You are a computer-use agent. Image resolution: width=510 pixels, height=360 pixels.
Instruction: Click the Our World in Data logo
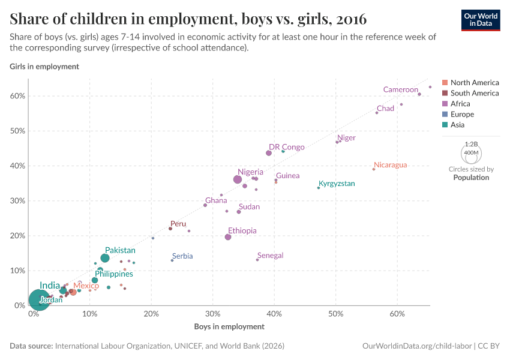pyautogui.click(x=481, y=20)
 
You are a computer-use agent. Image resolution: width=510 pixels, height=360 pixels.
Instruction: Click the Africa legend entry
pyautogui.click(x=460, y=104)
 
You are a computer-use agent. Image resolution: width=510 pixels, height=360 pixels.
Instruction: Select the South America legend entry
pyautogui.click(x=474, y=93)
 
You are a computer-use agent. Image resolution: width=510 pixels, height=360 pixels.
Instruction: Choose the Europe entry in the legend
pyautogui.click(x=462, y=114)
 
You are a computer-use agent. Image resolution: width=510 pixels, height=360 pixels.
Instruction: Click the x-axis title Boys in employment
pyautogui.click(x=229, y=326)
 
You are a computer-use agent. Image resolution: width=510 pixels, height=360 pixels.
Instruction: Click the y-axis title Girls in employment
pyautogui.click(x=44, y=67)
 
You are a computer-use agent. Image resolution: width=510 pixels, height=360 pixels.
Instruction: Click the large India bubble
pyautogui.click(x=39, y=299)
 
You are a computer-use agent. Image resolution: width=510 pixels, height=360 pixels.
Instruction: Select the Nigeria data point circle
pyautogui.click(x=238, y=179)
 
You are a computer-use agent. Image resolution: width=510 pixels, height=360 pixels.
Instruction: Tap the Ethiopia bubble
pyautogui.click(x=228, y=237)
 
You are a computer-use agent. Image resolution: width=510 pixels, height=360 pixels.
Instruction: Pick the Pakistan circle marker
pyautogui.click(x=105, y=258)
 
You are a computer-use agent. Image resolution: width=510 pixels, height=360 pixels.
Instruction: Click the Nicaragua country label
pyautogui.click(x=390, y=165)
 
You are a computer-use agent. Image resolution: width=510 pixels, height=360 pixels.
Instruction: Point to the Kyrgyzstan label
pyautogui.click(x=337, y=184)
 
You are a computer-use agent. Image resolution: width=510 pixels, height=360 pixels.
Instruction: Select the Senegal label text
pyautogui.click(x=270, y=256)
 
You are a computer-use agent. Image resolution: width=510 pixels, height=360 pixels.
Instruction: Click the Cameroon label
pyautogui.click(x=400, y=89)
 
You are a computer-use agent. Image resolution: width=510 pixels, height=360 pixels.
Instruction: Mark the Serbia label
pyautogui.click(x=182, y=256)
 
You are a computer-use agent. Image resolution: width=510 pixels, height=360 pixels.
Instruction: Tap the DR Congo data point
pyautogui.click(x=269, y=153)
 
